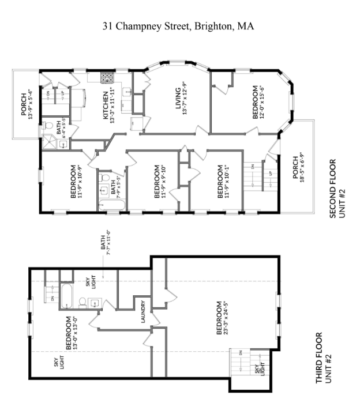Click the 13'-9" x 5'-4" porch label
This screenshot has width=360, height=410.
[x=28, y=104]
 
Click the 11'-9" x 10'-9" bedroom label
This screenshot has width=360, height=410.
[x=77, y=182]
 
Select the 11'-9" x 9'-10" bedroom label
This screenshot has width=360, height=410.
[x=160, y=182]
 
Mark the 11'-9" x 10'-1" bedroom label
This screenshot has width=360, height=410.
[x=223, y=182]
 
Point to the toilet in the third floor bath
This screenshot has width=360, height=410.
[x=82, y=301]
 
